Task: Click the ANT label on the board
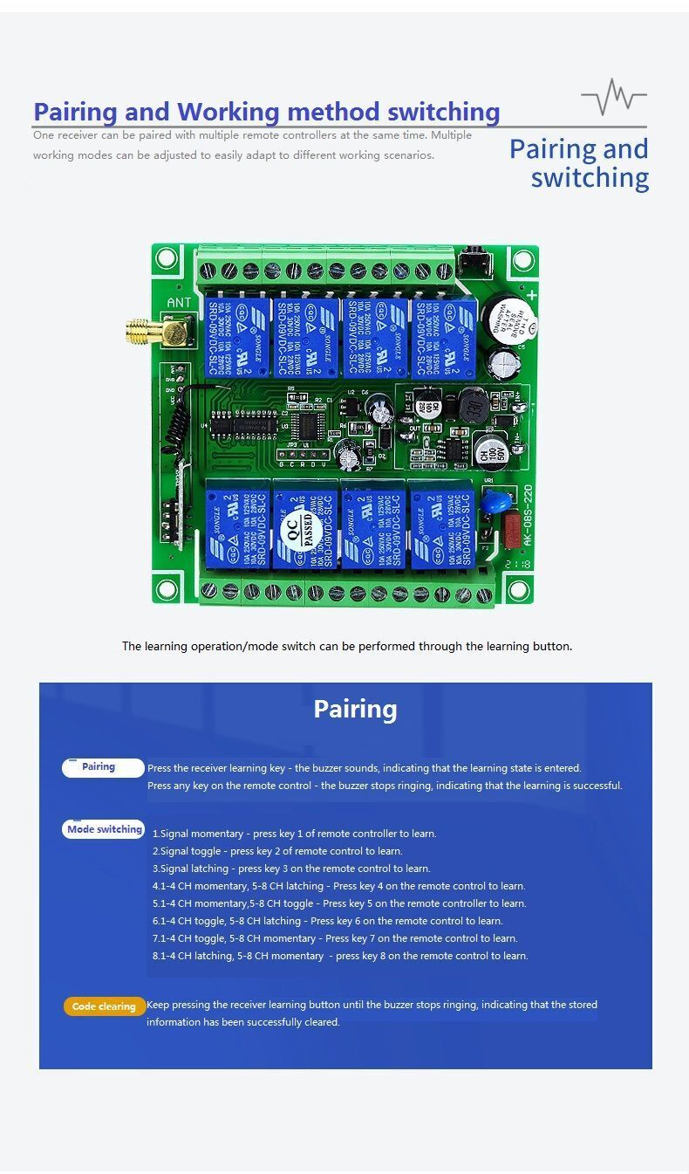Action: tap(179, 303)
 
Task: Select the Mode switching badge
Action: tap(104, 829)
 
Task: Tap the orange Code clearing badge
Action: tap(104, 1006)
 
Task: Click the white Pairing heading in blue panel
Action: tap(355, 709)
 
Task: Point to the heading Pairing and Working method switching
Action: tap(267, 112)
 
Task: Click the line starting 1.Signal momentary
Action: tap(294, 834)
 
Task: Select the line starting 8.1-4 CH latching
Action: tap(339, 956)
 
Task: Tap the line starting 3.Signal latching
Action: tap(291, 868)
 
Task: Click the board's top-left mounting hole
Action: tap(166, 258)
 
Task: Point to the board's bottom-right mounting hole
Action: tap(518, 589)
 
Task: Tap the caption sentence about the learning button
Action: tap(346, 647)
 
